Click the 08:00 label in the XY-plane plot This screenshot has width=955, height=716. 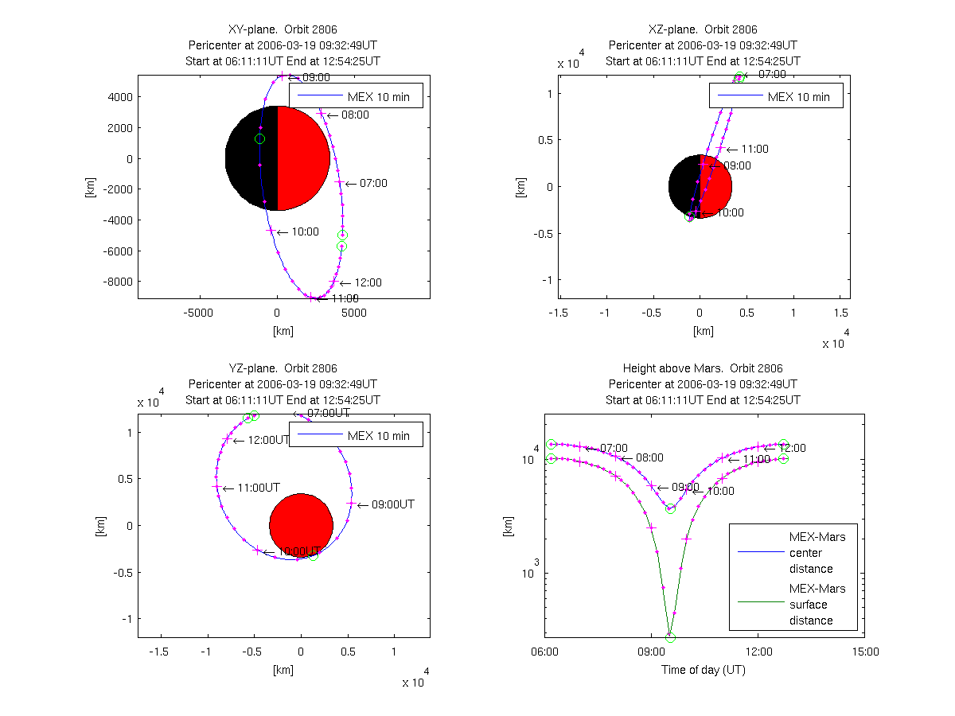[355, 115]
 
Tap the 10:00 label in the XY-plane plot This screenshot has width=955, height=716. [305, 232]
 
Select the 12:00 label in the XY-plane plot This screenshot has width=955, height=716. [368, 282]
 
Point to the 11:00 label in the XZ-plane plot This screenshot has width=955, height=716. [754, 149]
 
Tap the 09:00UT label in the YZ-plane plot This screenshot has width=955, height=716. [392, 504]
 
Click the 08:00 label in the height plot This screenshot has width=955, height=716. [649, 458]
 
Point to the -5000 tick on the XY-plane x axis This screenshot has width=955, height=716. [199, 313]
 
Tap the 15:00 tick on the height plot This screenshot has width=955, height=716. [865, 652]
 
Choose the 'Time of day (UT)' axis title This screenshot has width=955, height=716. [704, 670]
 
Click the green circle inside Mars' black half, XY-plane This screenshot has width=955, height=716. [259, 139]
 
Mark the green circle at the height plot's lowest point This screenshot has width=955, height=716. [670, 637]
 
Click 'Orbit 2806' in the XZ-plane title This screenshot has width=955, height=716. [731, 29]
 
